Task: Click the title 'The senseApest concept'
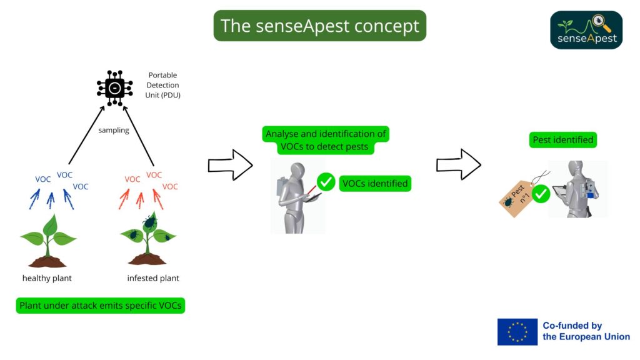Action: click(x=319, y=26)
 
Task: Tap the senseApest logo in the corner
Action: click(x=586, y=30)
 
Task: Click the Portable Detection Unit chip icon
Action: click(x=114, y=89)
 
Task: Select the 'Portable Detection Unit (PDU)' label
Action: click(x=162, y=85)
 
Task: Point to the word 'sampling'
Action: click(x=113, y=130)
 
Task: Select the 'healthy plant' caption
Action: click(x=47, y=278)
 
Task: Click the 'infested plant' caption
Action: click(x=153, y=278)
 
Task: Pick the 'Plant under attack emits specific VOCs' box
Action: click(x=101, y=306)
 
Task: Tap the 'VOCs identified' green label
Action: click(x=375, y=184)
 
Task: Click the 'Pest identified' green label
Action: click(x=562, y=140)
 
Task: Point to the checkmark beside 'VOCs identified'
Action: click(x=326, y=182)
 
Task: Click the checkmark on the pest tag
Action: click(x=541, y=194)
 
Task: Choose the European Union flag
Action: click(x=517, y=332)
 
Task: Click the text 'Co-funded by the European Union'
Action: click(x=586, y=331)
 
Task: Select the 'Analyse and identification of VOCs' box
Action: click(x=326, y=141)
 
